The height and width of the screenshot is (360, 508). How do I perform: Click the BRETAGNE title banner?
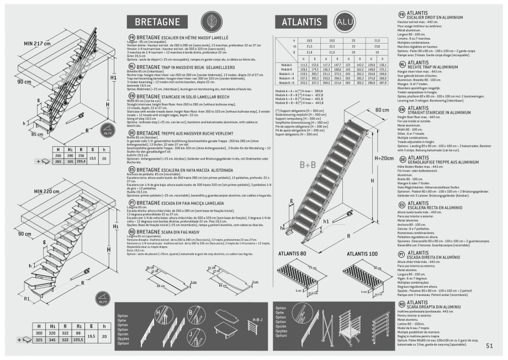pos(157,22)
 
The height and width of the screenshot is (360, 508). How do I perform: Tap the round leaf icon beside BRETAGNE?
pos(210,22)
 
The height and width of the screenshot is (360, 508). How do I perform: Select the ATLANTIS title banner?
pos(301,22)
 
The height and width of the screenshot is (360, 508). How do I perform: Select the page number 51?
pos(489,346)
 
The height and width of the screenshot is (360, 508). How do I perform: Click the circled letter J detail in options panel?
pos(189,334)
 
